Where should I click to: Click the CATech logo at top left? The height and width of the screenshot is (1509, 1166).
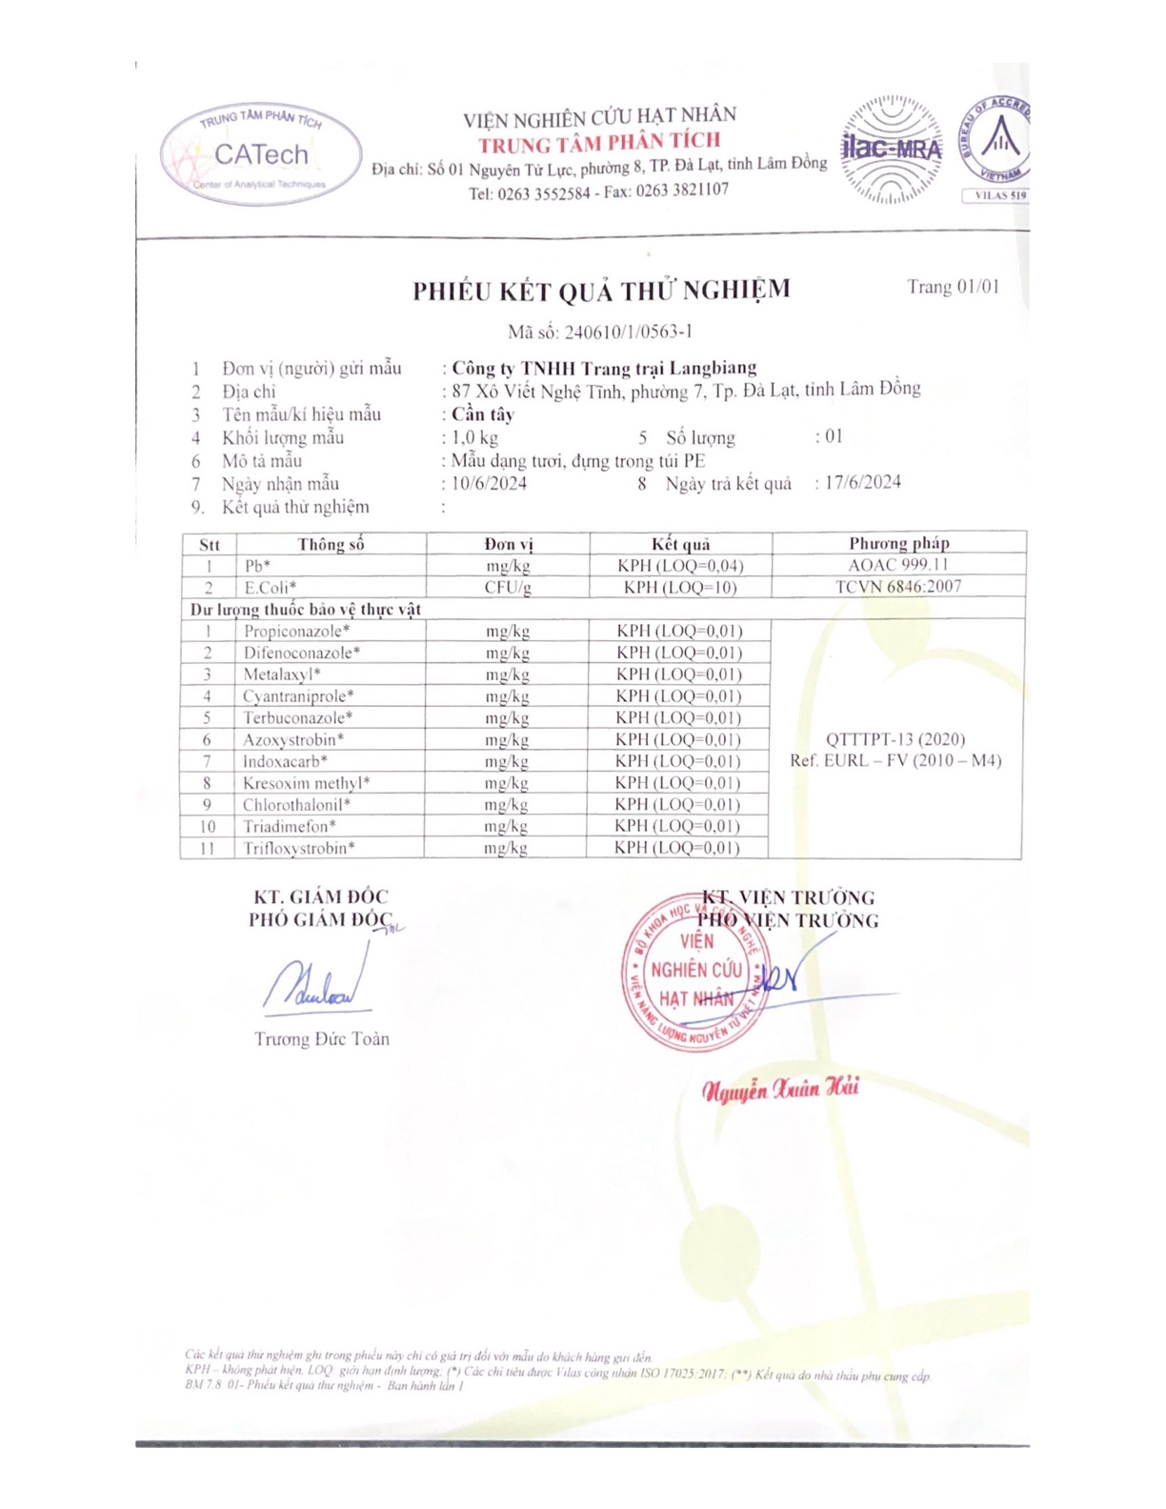point(261,154)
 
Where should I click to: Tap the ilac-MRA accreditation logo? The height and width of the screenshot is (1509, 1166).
point(891,150)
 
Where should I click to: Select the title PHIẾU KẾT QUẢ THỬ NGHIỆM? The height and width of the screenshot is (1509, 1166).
point(601,291)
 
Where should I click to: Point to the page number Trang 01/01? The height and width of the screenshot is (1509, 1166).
point(953,287)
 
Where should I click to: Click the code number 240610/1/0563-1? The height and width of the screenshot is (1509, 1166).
point(628,332)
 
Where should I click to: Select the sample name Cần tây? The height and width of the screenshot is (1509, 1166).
point(483,414)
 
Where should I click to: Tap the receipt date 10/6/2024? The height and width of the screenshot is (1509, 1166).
point(489,483)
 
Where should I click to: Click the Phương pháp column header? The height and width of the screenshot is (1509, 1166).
point(898,543)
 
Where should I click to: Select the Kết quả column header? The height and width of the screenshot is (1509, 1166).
point(680,544)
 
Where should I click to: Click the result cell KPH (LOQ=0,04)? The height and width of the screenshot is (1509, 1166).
point(680,566)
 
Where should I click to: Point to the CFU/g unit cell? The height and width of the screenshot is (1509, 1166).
point(508,588)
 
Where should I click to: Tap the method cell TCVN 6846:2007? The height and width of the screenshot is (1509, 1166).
point(898,587)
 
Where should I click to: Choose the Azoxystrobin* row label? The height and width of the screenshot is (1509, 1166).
point(293,740)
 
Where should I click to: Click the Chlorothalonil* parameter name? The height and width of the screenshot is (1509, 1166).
point(296,805)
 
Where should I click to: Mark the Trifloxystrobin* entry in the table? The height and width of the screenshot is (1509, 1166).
point(298,848)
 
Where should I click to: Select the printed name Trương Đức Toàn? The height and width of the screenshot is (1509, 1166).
point(322,1039)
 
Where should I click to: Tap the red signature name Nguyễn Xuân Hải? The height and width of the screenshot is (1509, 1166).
point(780,1089)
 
